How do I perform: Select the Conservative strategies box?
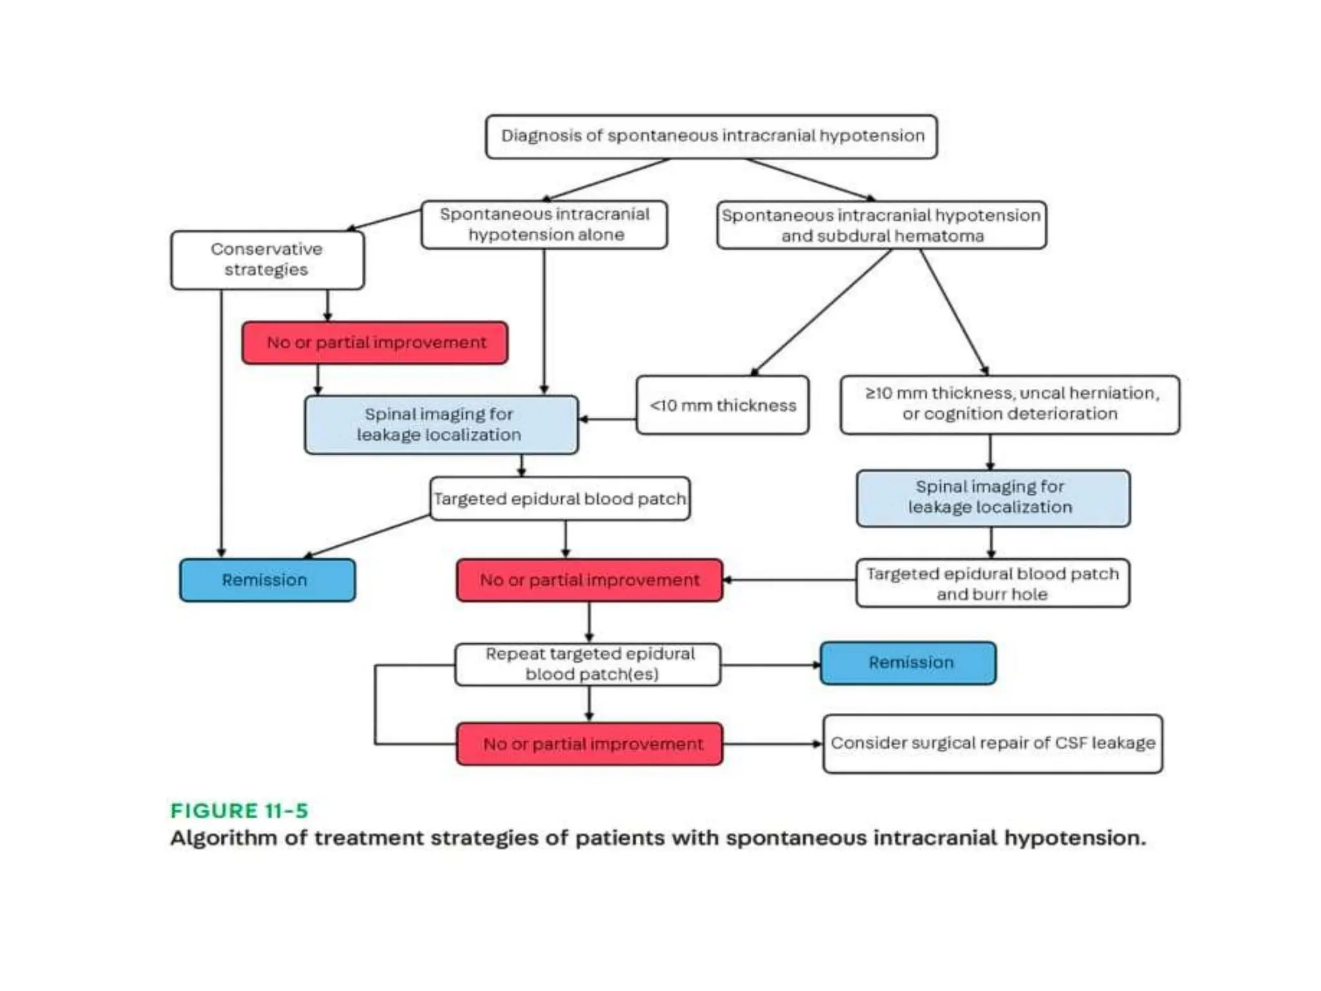point(267,259)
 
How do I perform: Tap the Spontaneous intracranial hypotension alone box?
point(544,225)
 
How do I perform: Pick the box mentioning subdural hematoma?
point(881,225)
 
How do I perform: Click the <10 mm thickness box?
point(722,405)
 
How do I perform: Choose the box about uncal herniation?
point(1010,404)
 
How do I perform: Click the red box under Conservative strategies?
point(375,343)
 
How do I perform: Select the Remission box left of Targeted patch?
point(267,580)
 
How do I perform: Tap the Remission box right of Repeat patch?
point(908,663)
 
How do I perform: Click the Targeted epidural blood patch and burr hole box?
point(993,583)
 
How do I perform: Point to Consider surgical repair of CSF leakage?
point(993,743)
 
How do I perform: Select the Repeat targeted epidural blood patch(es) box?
point(588,664)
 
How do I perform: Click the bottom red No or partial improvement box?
point(590,744)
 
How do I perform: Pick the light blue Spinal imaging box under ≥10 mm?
point(993,497)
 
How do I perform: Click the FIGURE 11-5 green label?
point(239,810)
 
